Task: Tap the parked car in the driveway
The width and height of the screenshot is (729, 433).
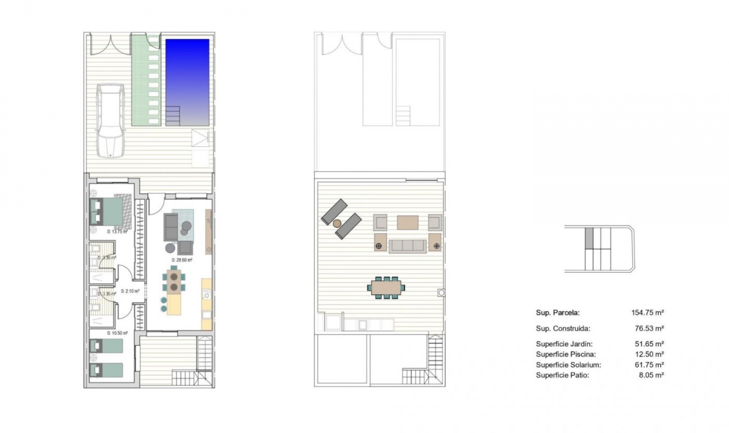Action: (110, 120)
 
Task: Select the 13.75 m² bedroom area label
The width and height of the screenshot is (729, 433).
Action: (117, 231)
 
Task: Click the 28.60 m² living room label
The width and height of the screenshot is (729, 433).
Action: (182, 260)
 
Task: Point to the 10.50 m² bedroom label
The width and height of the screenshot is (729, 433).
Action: (117, 333)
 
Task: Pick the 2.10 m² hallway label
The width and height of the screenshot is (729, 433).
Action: (130, 291)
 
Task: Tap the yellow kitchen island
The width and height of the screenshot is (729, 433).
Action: (174, 304)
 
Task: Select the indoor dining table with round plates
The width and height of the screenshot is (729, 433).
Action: (174, 281)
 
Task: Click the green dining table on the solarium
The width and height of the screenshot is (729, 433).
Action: (386, 288)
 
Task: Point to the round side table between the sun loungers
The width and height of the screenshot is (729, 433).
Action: (337, 223)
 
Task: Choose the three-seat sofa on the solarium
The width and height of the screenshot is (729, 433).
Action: (408, 246)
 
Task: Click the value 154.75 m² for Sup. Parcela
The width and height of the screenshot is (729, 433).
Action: (647, 313)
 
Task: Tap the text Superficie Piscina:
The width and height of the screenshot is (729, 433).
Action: (566, 354)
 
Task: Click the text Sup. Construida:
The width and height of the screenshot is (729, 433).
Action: (563, 329)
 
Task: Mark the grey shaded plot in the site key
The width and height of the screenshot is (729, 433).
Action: (589, 238)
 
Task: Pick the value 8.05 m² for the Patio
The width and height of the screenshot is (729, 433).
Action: (651, 375)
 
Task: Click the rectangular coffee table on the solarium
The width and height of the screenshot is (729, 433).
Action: (407, 223)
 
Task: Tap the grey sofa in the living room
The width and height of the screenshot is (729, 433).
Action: (171, 227)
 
